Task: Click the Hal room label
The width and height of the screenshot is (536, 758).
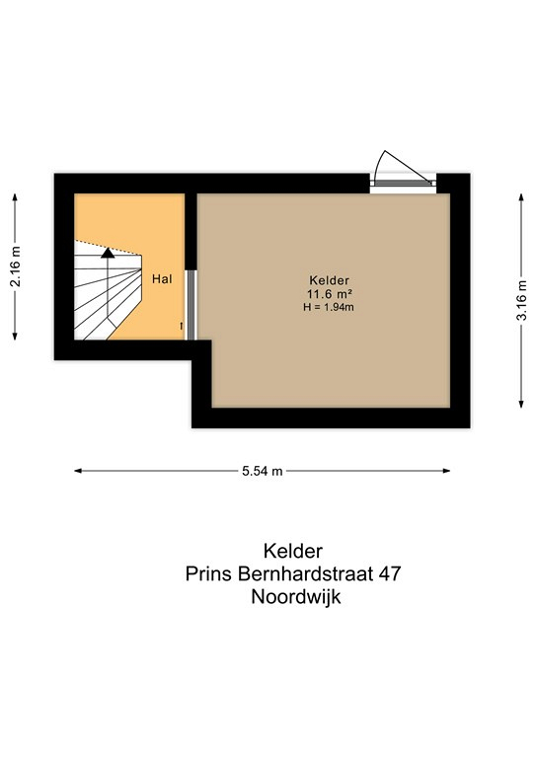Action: coord(162,279)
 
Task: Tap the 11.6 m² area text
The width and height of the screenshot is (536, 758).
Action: coord(329,293)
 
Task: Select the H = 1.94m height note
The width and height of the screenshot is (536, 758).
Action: coord(329,307)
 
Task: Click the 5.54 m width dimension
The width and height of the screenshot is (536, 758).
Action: coord(263,471)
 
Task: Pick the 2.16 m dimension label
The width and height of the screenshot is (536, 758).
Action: coord(16,266)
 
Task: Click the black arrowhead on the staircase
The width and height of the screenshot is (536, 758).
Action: coord(108,253)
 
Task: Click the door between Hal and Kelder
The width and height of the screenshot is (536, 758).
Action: coord(191,305)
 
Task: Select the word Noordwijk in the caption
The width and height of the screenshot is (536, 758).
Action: coord(296,597)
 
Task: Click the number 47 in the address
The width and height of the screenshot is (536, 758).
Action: coord(390,573)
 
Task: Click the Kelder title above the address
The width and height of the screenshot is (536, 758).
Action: coord(293,551)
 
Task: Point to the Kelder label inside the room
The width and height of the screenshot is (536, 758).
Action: coord(329,280)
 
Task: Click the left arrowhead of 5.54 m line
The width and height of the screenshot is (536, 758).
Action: coord(77,471)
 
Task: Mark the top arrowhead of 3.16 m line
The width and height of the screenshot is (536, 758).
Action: coord(521,196)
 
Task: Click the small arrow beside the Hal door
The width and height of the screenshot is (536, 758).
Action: coord(182,326)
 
